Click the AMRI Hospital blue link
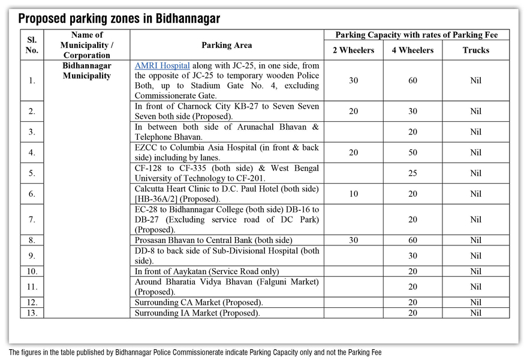click(162, 65)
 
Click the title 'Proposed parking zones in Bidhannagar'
click(119, 19)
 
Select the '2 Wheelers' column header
click(353, 50)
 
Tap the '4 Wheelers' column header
click(412, 50)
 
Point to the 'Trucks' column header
click(475, 50)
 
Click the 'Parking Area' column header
click(227, 45)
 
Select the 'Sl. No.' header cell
click(32, 45)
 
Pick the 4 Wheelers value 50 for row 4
click(412, 152)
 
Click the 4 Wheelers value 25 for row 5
click(412, 173)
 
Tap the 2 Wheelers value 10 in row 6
click(353, 194)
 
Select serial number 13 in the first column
click(32, 313)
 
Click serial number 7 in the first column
click(32, 220)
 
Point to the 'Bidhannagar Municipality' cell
click(87, 71)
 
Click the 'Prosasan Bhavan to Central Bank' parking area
click(213, 240)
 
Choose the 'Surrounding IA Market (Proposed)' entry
click(197, 313)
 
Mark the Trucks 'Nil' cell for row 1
click(475, 80)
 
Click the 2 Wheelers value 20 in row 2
click(353, 111)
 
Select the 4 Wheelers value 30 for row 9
click(412, 256)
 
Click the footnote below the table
click(195, 352)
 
